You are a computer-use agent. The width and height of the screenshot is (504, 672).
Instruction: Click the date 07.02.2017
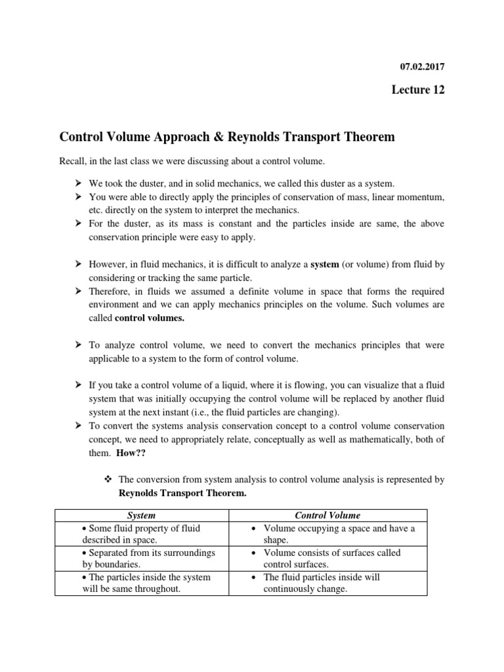coord(423,66)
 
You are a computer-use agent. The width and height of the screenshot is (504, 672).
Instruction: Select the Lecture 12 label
coord(418,90)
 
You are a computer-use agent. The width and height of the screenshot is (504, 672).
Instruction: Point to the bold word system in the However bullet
coord(324,264)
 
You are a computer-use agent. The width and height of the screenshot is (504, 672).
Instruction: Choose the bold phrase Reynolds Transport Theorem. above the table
coord(182,493)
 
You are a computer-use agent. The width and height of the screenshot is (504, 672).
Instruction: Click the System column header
coord(141,516)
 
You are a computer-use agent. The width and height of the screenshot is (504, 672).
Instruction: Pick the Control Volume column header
coord(327,516)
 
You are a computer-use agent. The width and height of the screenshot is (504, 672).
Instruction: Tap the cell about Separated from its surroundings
coord(141,558)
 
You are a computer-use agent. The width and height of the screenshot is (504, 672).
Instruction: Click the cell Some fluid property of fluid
coord(141,534)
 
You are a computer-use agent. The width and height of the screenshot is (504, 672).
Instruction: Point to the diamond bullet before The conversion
coord(109,480)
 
